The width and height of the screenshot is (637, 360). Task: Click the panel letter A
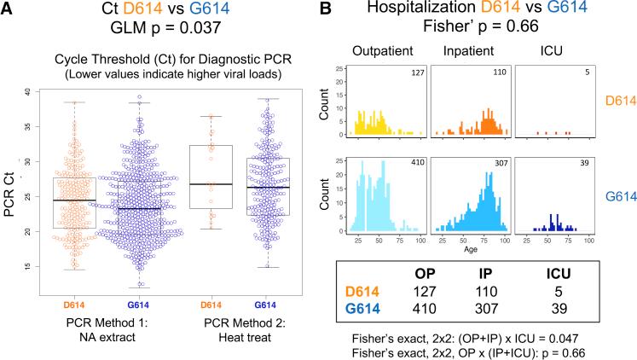tap(8, 11)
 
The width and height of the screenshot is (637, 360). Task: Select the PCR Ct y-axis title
tap(9, 180)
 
